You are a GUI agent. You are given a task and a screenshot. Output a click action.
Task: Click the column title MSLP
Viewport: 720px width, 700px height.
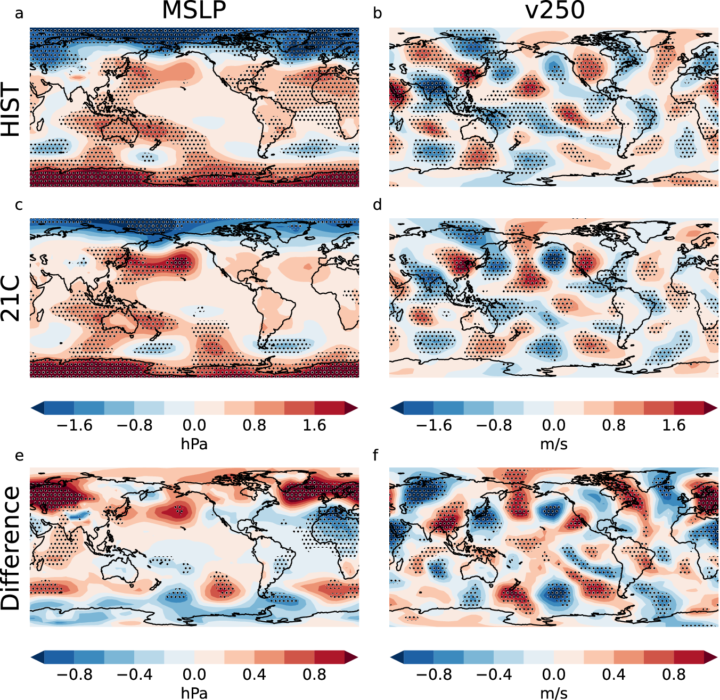pyautogui.click(x=194, y=11)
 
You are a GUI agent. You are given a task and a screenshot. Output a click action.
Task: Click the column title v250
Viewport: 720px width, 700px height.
pyautogui.click(x=554, y=11)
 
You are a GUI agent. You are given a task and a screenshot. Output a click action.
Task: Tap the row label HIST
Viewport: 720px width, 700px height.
pyautogui.click(x=12, y=110)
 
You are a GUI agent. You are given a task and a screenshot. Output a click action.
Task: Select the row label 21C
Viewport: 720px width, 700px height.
pyautogui.click(x=12, y=299)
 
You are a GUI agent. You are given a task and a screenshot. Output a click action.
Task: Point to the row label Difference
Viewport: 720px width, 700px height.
pyautogui.click(x=12, y=548)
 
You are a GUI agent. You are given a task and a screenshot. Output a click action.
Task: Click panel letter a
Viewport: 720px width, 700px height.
pyautogui.click(x=19, y=13)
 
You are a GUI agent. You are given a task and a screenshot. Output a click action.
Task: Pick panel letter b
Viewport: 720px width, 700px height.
pyautogui.click(x=378, y=13)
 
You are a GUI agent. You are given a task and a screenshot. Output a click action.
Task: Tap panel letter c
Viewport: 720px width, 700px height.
pyautogui.click(x=19, y=205)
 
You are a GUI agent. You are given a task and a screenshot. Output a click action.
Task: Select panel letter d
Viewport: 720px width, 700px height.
pyautogui.click(x=378, y=205)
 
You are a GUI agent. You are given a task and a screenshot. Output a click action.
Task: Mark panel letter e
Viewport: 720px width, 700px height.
pyautogui.click(x=19, y=456)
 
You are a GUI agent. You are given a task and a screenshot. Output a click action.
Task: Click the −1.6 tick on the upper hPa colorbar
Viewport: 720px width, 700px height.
pyautogui.click(x=74, y=425)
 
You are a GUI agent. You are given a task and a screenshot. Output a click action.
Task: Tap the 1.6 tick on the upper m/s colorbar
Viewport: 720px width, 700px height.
pyautogui.click(x=674, y=425)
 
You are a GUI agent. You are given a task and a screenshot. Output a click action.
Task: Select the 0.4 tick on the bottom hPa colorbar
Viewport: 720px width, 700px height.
pyautogui.click(x=254, y=675)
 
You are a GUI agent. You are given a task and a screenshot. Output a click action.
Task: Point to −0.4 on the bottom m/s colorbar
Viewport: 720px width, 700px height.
pyautogui.click(x=494, y=675)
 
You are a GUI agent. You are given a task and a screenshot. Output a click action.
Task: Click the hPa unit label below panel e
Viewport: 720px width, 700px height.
pyautogui.click(x=194, y=693)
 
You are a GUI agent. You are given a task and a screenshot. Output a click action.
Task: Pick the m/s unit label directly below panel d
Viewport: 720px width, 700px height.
pyautogui.click(x=554, y=443)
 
